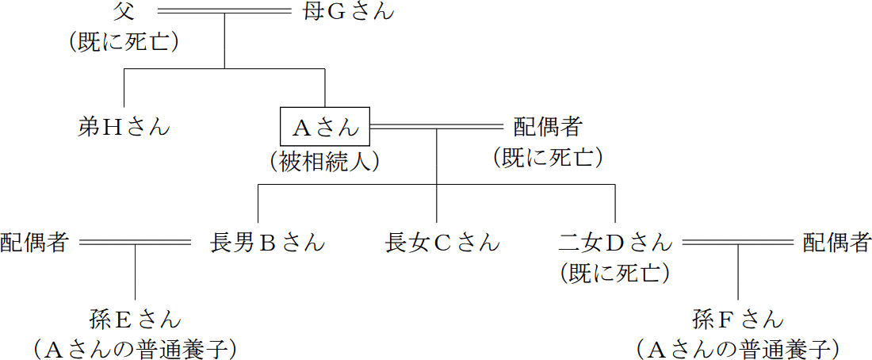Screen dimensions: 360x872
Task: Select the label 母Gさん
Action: pos(348,12)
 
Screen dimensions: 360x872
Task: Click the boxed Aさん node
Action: pos(326,126)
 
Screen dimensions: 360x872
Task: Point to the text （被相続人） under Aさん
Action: pos(326,161)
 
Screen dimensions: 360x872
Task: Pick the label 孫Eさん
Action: pos(136,320)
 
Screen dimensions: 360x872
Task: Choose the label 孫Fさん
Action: pos(738,320)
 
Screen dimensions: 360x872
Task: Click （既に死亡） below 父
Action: pos(124,42)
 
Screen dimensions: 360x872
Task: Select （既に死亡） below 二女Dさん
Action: pos(615,274)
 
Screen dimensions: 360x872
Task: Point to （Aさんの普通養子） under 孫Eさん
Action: pos(136,348)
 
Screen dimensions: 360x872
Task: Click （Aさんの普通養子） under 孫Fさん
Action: pos(738,348)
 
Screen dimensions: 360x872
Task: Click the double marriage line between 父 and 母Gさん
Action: pos(224,11)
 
